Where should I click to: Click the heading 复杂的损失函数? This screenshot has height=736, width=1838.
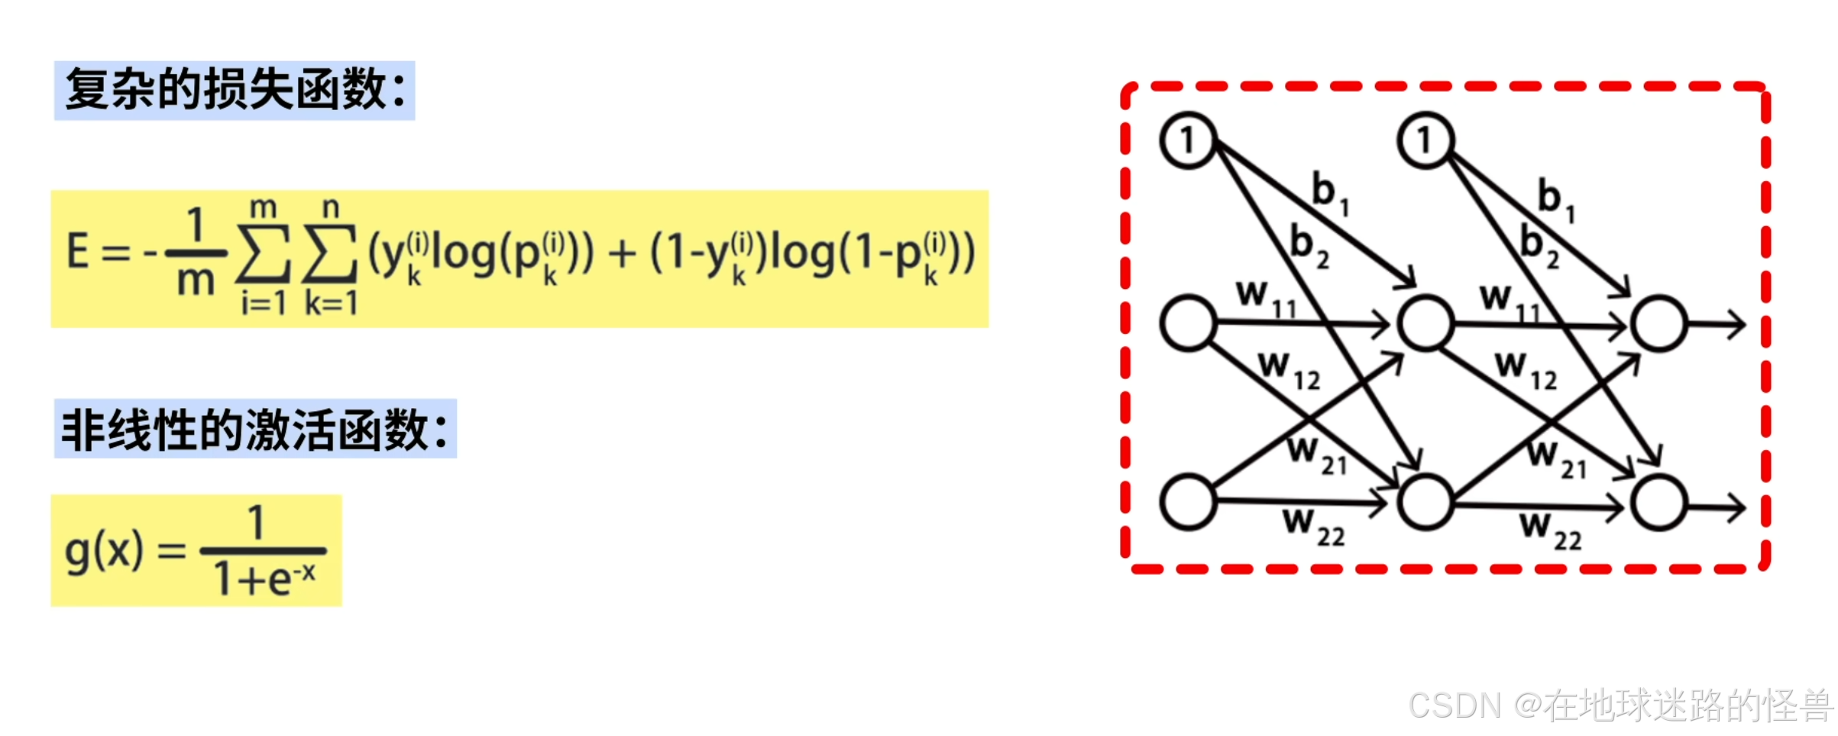tap(234, 90)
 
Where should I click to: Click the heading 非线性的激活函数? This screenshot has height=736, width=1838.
tap(254, 429)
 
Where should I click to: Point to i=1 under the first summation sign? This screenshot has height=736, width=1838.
tap(264, 303)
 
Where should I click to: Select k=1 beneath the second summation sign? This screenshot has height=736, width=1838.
tap(331, 303)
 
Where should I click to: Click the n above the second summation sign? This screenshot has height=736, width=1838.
tap(331, 207)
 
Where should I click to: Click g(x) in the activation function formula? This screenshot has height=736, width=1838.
tap(104, 550)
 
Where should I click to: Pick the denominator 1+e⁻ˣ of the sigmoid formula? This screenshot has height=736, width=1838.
tap(264, 579)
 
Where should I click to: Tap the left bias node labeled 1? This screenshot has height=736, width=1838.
tap(1187, 141)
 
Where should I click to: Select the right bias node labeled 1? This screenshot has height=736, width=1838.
tap(1425, 141)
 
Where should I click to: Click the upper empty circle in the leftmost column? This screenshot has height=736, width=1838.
tap(1188, 323)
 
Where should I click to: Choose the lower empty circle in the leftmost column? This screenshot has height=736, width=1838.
tap(1188, 502)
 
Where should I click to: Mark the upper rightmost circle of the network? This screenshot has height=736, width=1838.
tap(1658, 324)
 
